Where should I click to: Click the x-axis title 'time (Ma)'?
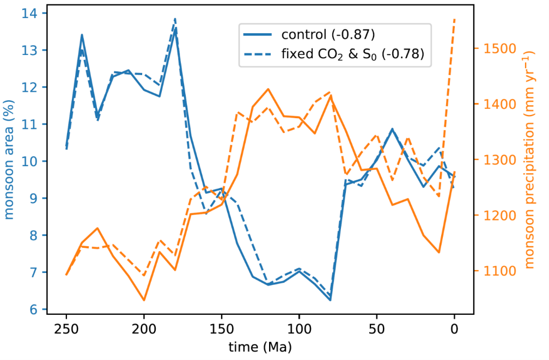tap(260, 346)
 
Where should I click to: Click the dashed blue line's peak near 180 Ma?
tap(175, 19)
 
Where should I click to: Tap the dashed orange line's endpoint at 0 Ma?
tap(454, 20)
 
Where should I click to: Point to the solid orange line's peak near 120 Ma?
tap(268, 89)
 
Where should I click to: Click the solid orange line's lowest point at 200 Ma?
tap(144, 300)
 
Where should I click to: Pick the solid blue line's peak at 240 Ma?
tap(82, 35)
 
